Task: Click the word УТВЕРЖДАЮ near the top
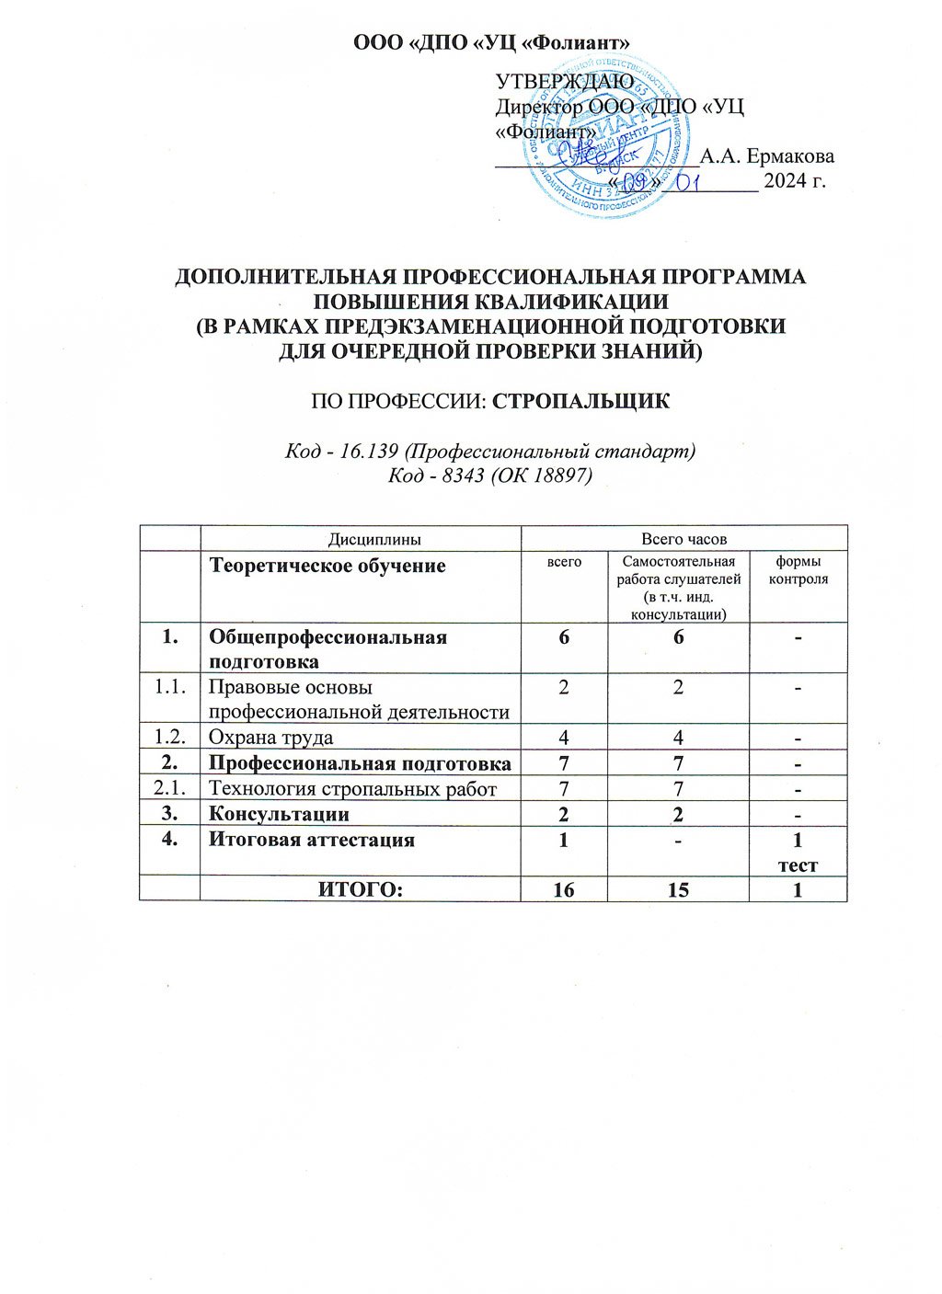pyautogui.click(x=564, y=82)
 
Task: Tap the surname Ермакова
pyautogui.click(x=767, y=155)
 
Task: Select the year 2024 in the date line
pyautogui.click(x=783, y=180)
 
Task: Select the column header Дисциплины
pyautogui.click(x=362, y=539)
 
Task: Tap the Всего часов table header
pyautogui.click(x=684, y=539)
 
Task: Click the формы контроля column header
pyautogui.click(x=798, y=570)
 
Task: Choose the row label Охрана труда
pyautogui.click(x=270, y=737)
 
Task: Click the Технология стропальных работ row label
pyautogui.click(x=352, y=788)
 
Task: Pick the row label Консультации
pyautogui.click(x=279, y=814)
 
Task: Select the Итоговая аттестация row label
pyautogui.click(x=312, y=840)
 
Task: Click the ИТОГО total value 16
pyautogui.click(x=564, y=889)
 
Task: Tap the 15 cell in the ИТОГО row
pyautogui.click(x=678, y=889)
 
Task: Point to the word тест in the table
pyautogui.click(x=798, y=865)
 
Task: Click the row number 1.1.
pyautogui.click(x=169, y=686)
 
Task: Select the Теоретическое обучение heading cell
pyautogui.click(x=327, y=566)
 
